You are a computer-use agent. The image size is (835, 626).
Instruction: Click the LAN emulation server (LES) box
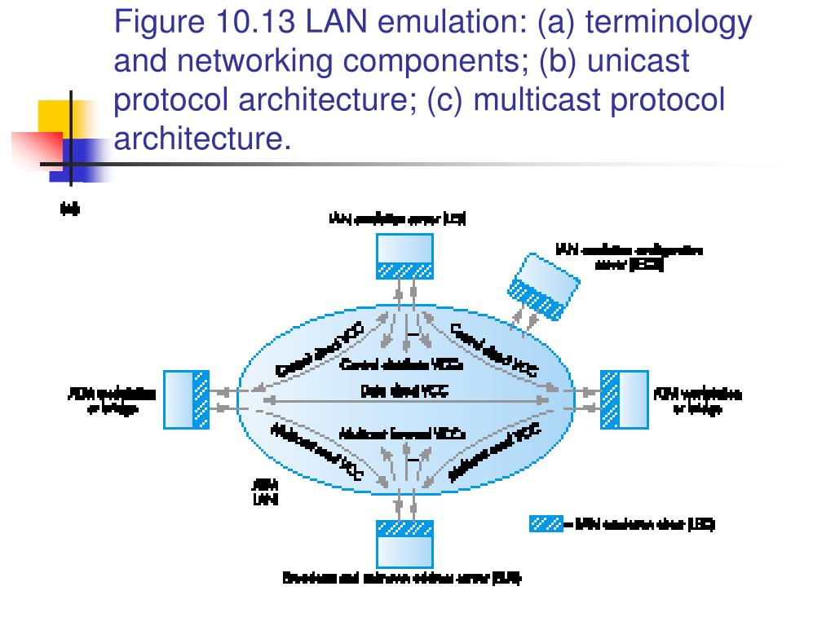point(404,256)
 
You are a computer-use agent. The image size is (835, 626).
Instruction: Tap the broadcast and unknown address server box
point(404,543)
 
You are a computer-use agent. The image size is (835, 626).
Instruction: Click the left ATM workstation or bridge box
point(187,399)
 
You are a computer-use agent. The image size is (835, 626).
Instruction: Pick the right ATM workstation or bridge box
point(624,399)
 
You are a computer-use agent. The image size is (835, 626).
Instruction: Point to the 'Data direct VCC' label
point(404,391)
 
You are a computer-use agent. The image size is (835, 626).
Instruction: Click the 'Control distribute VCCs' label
point(402,364)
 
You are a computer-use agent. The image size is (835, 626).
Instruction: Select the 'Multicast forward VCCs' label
point(402,434)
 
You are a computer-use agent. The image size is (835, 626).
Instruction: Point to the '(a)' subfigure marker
point(70,209)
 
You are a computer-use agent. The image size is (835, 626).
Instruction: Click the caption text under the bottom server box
point(401,579)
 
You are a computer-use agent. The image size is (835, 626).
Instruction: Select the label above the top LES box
point(397,218)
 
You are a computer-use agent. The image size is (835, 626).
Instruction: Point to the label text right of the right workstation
point(698,401)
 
